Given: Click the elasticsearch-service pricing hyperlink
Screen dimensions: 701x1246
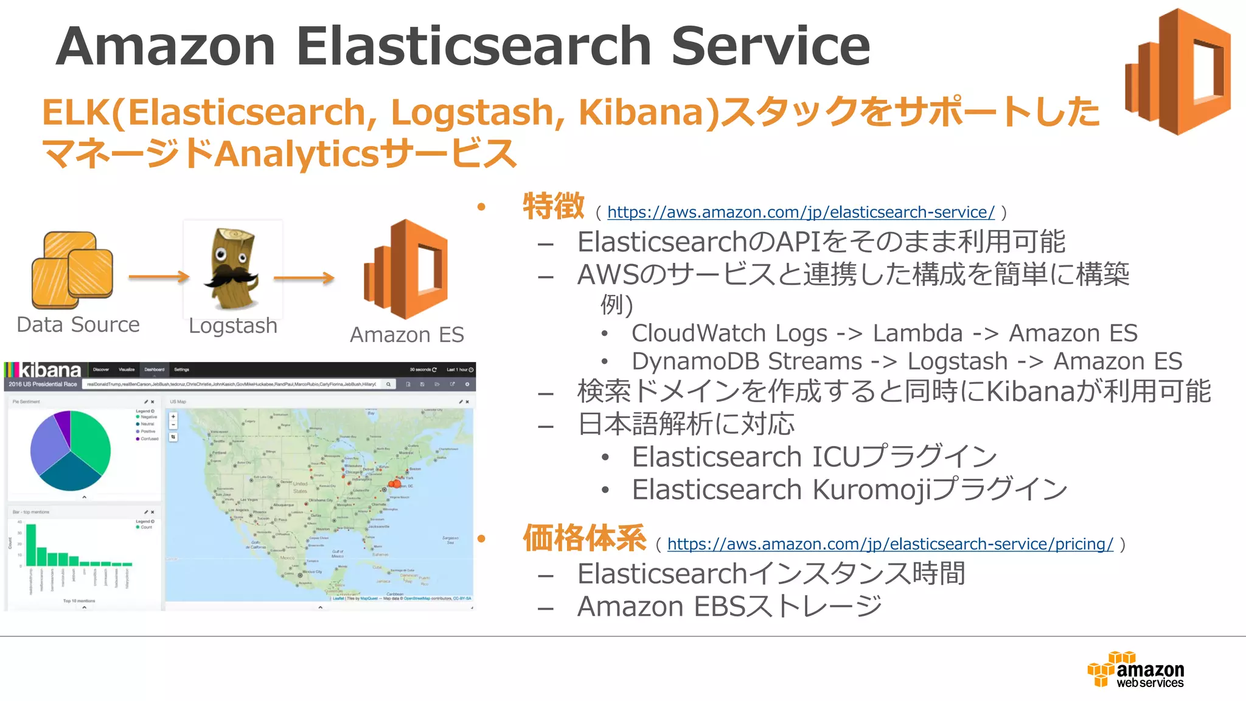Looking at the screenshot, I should (890, 544).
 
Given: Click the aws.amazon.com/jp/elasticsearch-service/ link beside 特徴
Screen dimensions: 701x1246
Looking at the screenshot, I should (801, 212).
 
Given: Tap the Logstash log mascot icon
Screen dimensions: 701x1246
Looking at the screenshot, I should (233, 268).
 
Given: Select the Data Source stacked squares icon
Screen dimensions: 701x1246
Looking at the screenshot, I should (72, 270).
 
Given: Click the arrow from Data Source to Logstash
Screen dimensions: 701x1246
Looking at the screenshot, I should (159, 277).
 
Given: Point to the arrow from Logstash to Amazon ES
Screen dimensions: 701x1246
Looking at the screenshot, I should (304, 278).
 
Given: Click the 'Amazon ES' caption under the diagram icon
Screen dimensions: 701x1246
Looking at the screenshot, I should (406, 335).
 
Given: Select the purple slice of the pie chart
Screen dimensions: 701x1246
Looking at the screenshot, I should (63, 421).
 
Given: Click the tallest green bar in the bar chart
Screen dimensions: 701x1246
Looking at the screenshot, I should (30, 544).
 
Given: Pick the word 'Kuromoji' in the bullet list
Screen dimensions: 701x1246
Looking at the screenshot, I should (871, 490).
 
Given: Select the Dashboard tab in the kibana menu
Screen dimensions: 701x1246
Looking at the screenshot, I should (154, 369).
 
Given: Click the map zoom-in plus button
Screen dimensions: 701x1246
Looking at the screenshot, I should (173, 417).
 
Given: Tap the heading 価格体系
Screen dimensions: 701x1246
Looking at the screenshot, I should (584, 539).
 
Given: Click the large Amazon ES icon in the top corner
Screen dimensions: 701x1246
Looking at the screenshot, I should (1178, 71).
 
